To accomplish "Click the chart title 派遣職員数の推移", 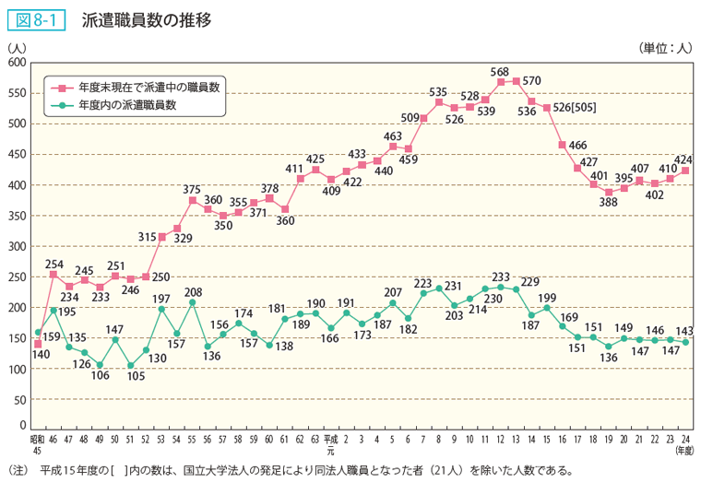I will [146, 18].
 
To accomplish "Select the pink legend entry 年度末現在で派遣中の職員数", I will [148, 87].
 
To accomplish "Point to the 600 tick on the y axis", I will [16, 63].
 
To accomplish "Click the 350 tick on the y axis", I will [16, 216].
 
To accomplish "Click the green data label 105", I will [135, 376].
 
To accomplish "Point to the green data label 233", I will [501, 276].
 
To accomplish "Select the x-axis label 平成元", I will [330, 444].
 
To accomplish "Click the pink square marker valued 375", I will [192, 200].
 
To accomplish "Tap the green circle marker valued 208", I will [192, 302].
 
